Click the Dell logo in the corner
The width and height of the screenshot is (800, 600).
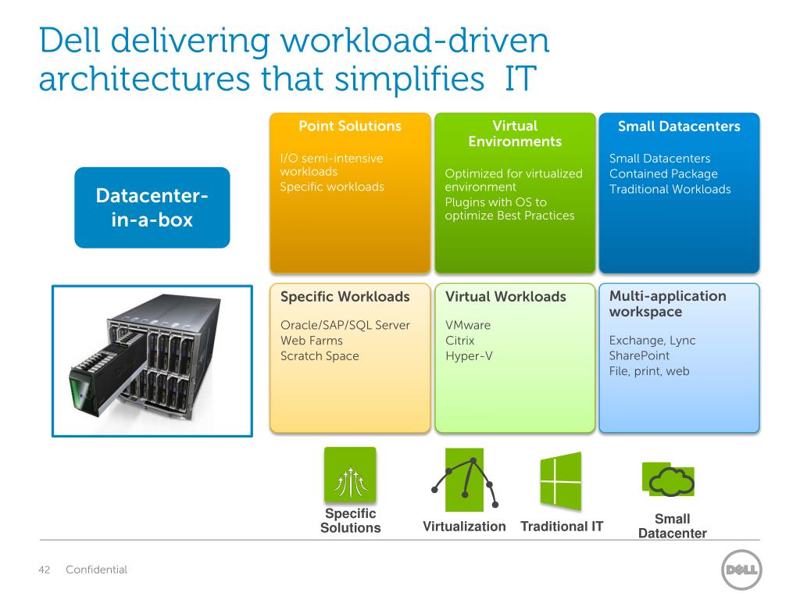(x=741, y=570)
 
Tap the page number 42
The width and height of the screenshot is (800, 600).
(x=45, y=570)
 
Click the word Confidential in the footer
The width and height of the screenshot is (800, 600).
(x=96, y=570)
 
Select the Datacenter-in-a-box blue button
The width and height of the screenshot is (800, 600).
(x=152, y=208)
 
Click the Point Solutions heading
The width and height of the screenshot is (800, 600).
(x=350, y=126)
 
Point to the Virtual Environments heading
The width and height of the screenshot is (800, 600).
(x=515, y=134)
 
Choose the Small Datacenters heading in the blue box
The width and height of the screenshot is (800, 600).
(x=679, y=127)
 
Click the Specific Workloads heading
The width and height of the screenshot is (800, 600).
(x=345, y=296)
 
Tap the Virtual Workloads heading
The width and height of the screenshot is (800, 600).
(x=505, y=296)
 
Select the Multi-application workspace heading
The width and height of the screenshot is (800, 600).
(x=667, y=304)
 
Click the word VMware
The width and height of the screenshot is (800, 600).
(x=468, y=325)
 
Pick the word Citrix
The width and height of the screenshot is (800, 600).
(x=459, y=341)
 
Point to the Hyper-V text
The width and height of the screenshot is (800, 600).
(x=469, y=355)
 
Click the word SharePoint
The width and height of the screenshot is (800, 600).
(x=639, y=355)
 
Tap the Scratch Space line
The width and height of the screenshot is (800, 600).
(x=320, y=355)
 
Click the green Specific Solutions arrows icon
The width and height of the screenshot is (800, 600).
(x=350, y=474)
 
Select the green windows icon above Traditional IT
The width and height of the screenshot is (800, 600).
(x=561, y=481)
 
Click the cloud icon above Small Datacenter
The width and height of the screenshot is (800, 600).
(x=670, y=480)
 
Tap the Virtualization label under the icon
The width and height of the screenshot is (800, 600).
(x=464, y=526)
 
